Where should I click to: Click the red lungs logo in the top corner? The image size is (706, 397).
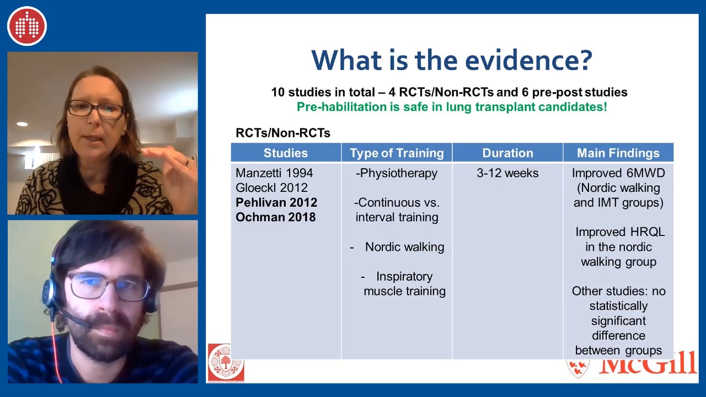pos(27,26)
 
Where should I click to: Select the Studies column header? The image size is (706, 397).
pos(286,153)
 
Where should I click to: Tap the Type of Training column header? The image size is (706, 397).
pos(397,153)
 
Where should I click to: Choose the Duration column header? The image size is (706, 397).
pos(508,153)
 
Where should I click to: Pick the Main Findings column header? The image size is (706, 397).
pos(618,153)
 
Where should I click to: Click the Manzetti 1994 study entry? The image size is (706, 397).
pos(274,173)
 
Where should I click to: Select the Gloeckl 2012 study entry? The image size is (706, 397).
pos(271,187)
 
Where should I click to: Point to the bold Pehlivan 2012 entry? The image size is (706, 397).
pos(276,202)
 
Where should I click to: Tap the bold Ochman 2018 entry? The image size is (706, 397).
pos(275,217)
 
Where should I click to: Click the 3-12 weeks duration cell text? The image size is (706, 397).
pos(507,173)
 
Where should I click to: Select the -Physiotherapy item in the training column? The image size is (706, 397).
pos(397,173)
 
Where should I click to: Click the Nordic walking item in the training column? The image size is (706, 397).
pos(405,246)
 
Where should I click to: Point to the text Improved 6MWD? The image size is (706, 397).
pos(618,173)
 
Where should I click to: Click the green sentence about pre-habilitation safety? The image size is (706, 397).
pos(452,107)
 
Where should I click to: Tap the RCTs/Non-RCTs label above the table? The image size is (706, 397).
pos(283,133)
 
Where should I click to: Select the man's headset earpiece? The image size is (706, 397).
pos(50,292)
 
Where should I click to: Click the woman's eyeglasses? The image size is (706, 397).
pos(96,109)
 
